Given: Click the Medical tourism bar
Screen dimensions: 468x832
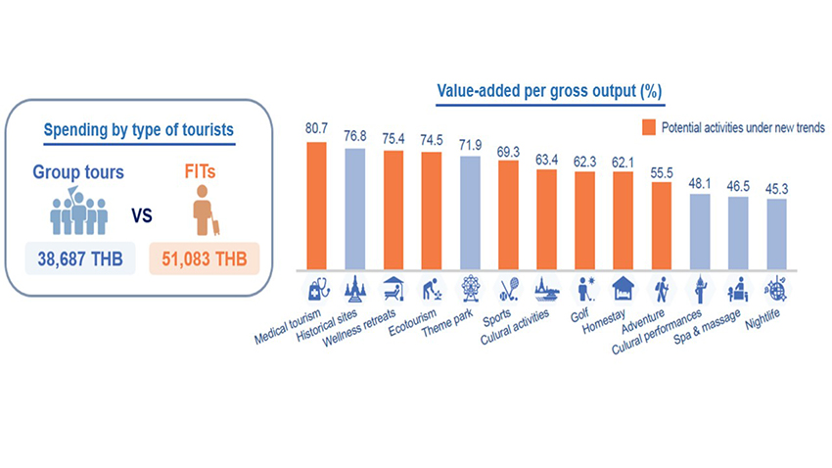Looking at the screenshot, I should [316, 205].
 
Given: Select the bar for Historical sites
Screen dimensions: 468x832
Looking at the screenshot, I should [354, 208].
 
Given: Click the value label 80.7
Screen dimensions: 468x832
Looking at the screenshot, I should [316, 129].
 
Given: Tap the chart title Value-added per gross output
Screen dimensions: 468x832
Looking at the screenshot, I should [550, 91].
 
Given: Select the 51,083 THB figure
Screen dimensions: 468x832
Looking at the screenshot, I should [204, 259].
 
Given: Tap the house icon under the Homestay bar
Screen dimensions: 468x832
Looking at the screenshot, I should [623, 288].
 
